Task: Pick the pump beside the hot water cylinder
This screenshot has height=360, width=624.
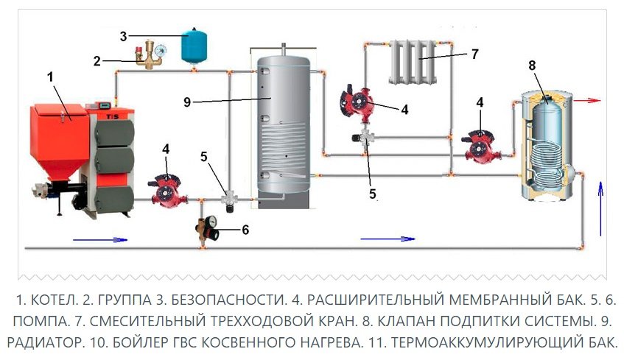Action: pyautogui.click(x=480, y=145)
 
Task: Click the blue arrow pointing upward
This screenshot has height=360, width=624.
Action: pyautogui.click(x=601, y=200)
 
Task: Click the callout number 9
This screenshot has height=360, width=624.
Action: pyautogui.click(x=186, y=102)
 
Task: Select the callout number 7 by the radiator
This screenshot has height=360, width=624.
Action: pyautogui.click(x=474, y=54)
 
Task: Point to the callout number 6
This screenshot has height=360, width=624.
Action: pyautogui.click(x=245, y=230)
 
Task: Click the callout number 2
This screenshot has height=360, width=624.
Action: pyautogui.click(x=97, y=61)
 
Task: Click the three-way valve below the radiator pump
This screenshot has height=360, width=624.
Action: pyautogui.click(x=366, y=138)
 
